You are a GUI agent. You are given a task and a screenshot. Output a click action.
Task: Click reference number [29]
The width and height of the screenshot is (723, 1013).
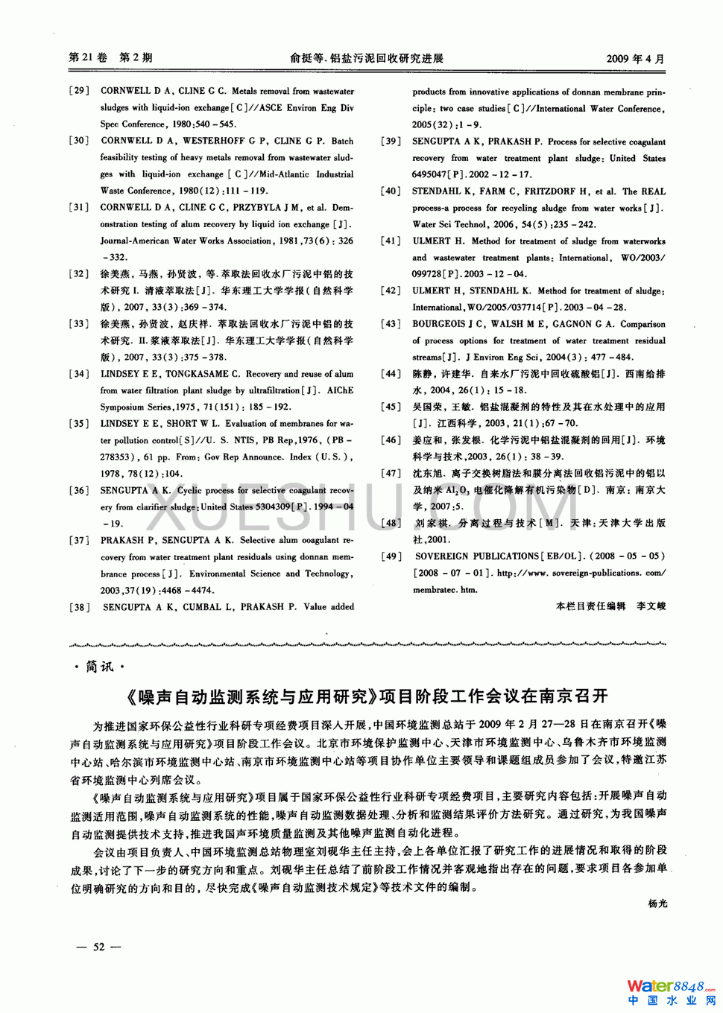pyautogui.click(x=79, y=91)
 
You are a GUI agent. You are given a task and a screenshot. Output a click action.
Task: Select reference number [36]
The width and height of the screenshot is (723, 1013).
pyautogui.click(x=79, y=490)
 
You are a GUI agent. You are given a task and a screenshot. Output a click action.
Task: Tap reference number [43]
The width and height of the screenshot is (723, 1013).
pyautogui.click(x=391, y=324)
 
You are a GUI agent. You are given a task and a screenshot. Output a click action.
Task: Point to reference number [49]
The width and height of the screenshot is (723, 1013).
pyautogui.click(x=391, y=556)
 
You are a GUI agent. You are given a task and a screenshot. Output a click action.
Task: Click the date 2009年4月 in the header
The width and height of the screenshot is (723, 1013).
pyautogui.click(x=635, y=58)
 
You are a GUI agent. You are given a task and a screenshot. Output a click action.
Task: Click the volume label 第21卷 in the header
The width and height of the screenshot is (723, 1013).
pyautogui.click(x=88, y=57)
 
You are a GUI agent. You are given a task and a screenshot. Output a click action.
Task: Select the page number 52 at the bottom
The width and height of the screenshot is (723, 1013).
pyautogui.click(x=99, y=947)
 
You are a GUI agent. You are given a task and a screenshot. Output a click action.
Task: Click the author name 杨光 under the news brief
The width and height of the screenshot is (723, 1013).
pyautogui.click(x=657, y=904)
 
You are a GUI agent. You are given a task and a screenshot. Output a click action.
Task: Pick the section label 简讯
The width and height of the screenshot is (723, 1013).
pyautogui.click(x=100, y=667)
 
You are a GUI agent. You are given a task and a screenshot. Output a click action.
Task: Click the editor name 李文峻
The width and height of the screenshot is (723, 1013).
pyautogui.click(x=651, y=606)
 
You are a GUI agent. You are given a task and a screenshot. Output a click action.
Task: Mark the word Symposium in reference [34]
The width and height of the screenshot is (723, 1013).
pyautogui.click(x=123, y=407)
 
